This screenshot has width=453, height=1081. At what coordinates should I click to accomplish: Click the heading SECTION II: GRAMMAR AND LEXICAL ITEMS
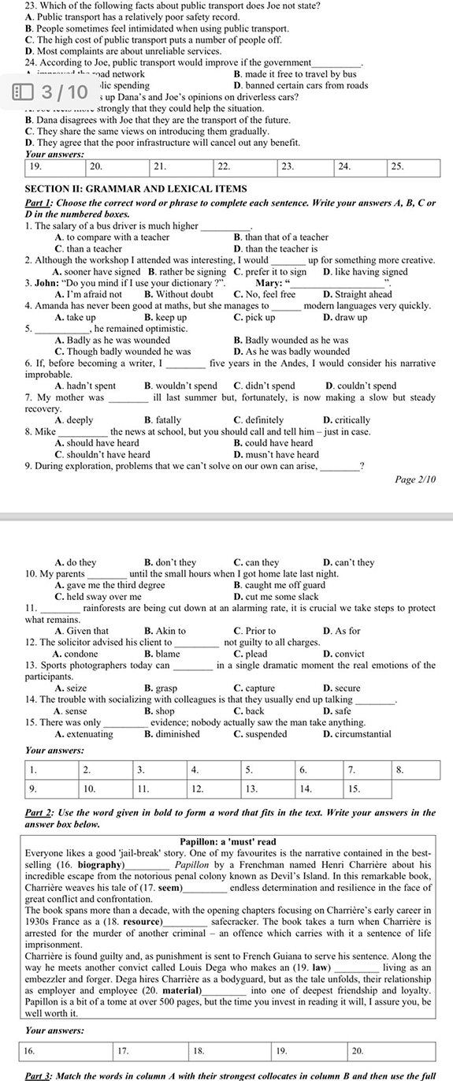tap(136, 188)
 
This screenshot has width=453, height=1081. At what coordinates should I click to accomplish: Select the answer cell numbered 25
tap(418, 167)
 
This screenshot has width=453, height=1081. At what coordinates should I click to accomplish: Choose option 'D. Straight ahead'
tap(357, 294)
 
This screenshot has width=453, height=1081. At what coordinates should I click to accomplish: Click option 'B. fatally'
tap(162, 419)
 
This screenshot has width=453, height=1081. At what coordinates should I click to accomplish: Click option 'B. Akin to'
tap(165, 630)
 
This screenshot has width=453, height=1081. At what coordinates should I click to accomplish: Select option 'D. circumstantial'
tap(357, 733)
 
